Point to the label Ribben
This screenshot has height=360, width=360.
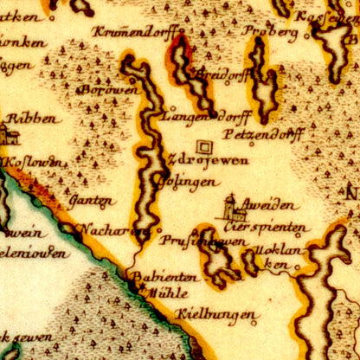[32, 119]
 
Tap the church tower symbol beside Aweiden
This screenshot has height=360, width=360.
[229, 208]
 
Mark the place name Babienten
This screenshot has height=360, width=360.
[163, 277]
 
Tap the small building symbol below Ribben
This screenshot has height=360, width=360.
[8, 134]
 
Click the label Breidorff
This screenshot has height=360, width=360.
[216, 74]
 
